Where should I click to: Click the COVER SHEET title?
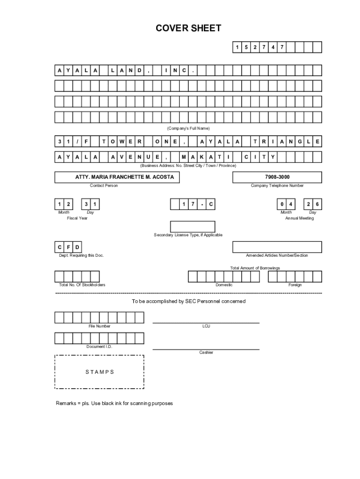188,29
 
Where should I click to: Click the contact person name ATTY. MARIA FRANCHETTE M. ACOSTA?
124,177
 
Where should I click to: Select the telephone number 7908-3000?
277,177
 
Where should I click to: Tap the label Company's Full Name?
188,128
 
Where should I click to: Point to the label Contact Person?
104,186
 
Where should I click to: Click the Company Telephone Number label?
277,186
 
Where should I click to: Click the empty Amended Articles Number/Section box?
277,247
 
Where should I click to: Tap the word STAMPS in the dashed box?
100,372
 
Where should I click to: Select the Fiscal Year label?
77,218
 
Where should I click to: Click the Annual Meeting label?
299,218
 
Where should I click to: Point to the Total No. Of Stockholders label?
82,285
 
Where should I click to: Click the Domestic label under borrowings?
224,285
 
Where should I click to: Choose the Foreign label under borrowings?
295,285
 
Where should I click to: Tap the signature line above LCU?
206,323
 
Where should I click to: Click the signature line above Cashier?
206,349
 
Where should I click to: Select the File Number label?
100,326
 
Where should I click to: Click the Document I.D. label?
99,347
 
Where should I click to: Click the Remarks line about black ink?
114,403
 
